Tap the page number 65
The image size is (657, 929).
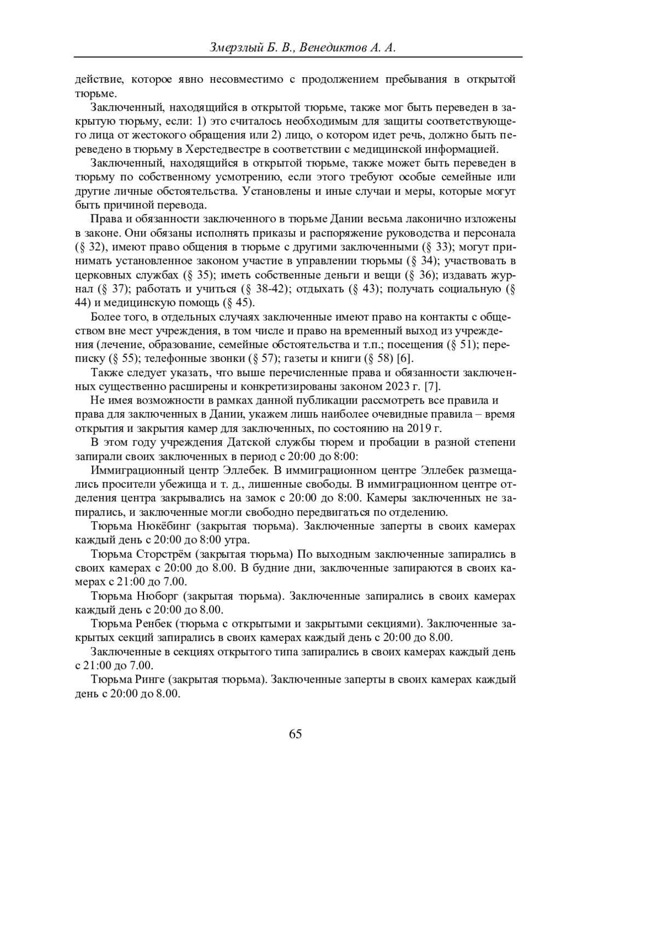pos(295,735)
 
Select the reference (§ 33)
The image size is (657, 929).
pos(437,247)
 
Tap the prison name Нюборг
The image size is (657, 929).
pos(155,596)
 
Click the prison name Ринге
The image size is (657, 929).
pos(151,680)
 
